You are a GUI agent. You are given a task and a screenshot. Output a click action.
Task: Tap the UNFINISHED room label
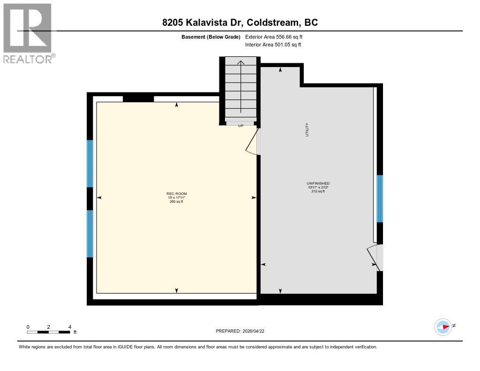[318, 183]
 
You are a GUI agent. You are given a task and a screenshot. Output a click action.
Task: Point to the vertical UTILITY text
[307, 129]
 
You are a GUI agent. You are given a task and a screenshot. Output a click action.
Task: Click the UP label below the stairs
[240, 126]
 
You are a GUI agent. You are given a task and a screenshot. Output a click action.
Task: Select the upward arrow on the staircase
[240, 87]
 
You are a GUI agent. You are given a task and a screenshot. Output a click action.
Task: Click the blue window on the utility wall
[380, 198]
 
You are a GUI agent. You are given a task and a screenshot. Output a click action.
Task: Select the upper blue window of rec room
[90, 163]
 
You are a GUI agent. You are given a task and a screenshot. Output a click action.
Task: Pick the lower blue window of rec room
[90, 234]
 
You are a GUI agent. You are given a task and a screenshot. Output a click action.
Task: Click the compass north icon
[443, 327]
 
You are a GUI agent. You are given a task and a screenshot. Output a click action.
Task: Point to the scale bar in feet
[49, 332]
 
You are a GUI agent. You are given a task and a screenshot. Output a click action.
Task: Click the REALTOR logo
[28, 33]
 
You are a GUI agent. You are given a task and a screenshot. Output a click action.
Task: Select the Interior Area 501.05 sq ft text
[273, 45]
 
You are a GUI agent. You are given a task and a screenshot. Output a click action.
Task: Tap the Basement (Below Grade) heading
[211, 37]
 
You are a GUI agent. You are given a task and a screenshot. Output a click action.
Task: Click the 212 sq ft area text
[318, 191]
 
